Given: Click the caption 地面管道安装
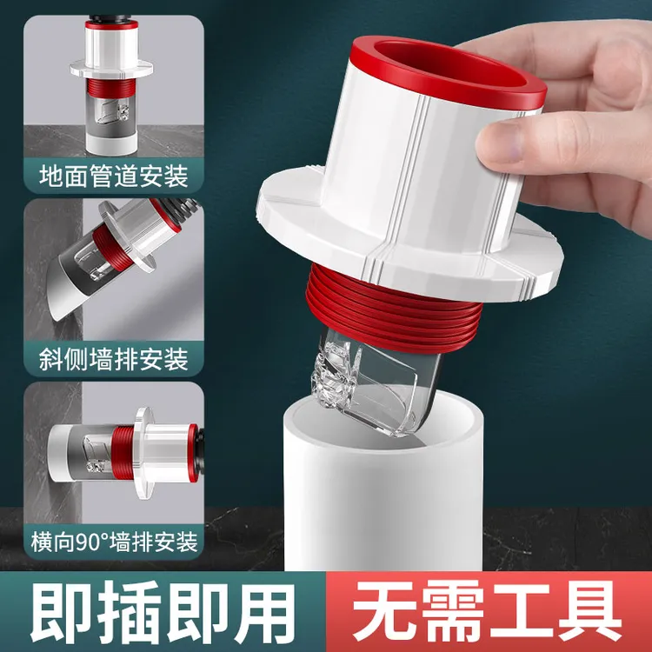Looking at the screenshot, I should tap(113, 177).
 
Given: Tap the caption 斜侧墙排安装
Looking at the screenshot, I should tap(113, 359).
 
